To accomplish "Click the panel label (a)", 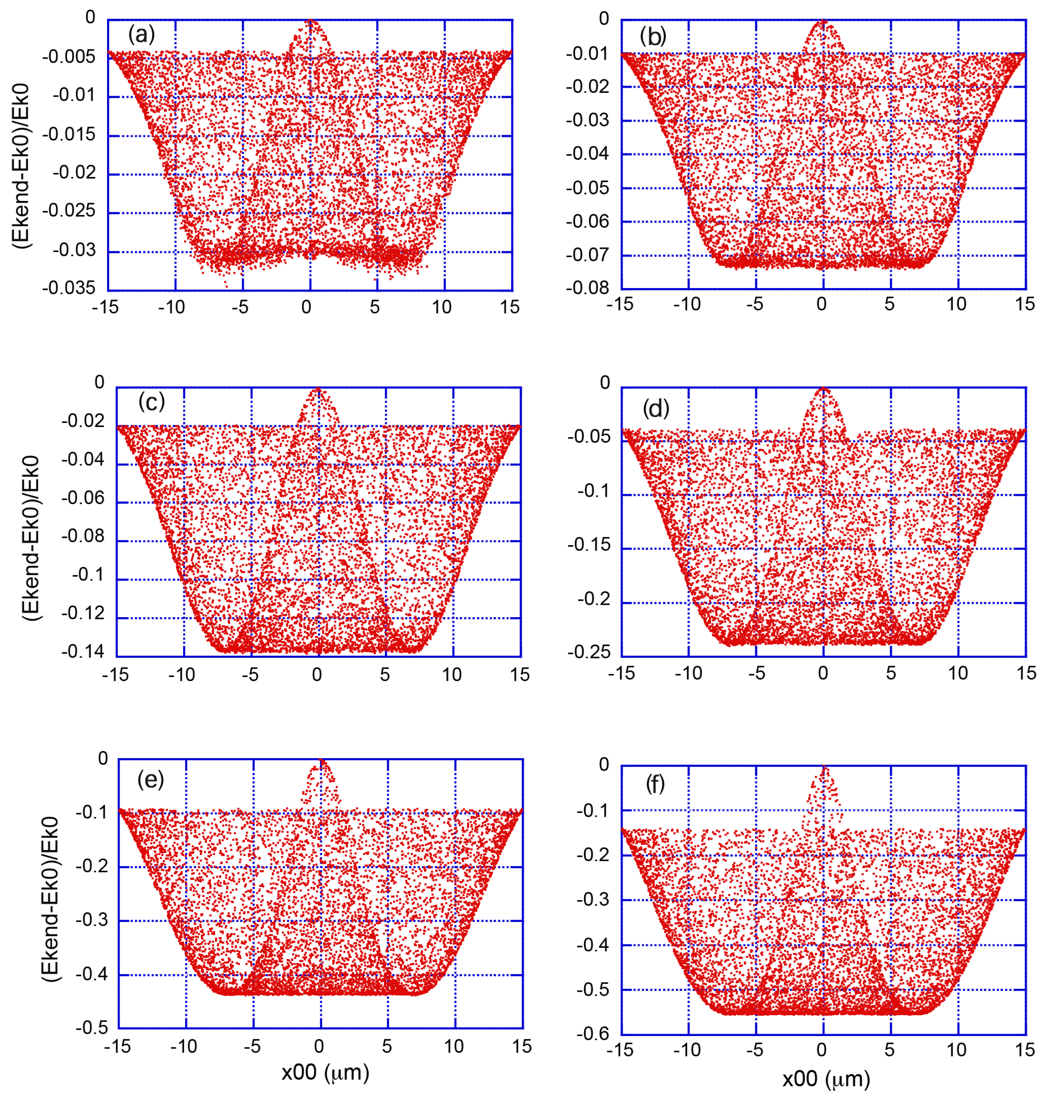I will tap(141, 35).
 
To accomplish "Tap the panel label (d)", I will tap(656, 409).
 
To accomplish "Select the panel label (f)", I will tap(655, 784).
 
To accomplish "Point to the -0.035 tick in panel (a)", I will tap(69, 288).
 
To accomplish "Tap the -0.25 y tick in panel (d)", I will tap(589, 652).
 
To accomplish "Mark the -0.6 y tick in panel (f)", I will tap(593, 1033).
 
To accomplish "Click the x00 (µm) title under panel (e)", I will tap(325, 1072).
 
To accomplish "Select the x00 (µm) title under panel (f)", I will tap(826, 1079).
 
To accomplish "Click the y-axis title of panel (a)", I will tap(22, 166).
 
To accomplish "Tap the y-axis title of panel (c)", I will tap(32, 538).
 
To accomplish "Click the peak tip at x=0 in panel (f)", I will tap(824, 768).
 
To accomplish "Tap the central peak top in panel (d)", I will tap(824, 388).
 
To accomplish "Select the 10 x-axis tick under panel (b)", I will tap(957, 304).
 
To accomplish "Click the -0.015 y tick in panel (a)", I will tap(69, 134).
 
